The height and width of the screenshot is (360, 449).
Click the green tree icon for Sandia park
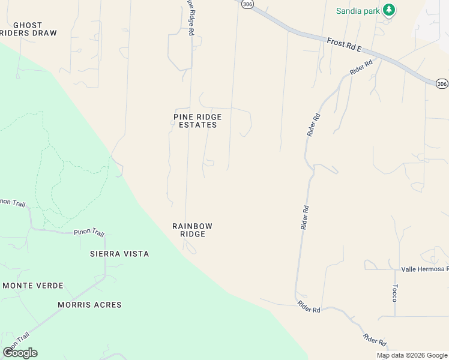coord(390,10)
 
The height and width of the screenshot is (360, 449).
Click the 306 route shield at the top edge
coord(248,4)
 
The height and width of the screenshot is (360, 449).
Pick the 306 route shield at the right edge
coord(442,84)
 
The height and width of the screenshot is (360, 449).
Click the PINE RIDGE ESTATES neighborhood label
coord(197,121)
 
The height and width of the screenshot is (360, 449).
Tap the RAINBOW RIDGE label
coord(193,230)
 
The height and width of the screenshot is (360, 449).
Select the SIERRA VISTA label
coord(119,254)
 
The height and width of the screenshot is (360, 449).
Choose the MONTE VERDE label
coord(33,286)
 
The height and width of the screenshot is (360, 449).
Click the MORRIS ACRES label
coord(89,305)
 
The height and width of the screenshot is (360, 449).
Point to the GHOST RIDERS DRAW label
coord(28,29)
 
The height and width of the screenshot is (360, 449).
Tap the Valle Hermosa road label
coord(425,269)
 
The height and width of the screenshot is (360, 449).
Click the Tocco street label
coord(395,293)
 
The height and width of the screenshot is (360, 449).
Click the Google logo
coord(20,353)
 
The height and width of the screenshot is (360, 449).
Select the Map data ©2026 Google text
coord(412,355)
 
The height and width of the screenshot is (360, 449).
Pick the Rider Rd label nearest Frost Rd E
coord(361,67)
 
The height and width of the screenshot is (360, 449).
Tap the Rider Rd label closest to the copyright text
coord(375,340)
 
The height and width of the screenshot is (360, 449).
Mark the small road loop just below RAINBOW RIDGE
coord(190,247)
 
